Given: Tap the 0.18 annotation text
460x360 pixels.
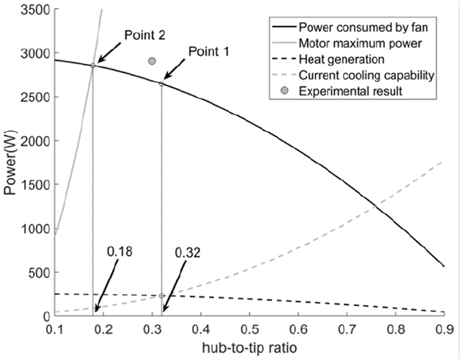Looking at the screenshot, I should click(x=120, y=250).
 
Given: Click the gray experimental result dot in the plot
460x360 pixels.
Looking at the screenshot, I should click(x=151, y=62).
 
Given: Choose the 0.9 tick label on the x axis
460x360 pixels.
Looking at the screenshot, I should click(x=443, y=330).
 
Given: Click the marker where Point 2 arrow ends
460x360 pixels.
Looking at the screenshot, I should click(x=93, y=65).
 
